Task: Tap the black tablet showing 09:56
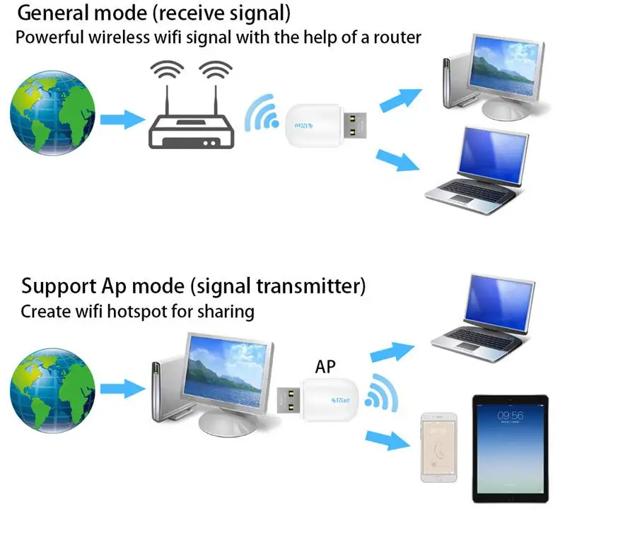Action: point(510,448)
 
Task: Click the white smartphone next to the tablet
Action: point(438,447)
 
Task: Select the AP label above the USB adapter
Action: point(325,367)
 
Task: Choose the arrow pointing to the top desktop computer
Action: point(400,101)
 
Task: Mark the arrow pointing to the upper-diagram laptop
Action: point(397,160)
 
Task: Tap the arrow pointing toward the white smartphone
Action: point(387,440)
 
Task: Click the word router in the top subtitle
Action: point(398,37)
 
